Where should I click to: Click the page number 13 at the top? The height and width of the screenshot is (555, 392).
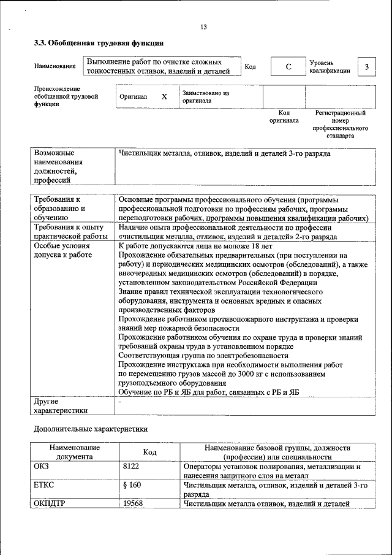pyautogui.click(x=204, y=26)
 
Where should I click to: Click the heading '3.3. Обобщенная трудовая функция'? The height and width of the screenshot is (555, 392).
pyautogui.click(x=98, y=44)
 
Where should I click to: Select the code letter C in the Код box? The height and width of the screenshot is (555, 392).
pyautogui.click(x=287, y=67)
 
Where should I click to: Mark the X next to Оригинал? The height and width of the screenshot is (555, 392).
pyautogui.click(x=164, y=97)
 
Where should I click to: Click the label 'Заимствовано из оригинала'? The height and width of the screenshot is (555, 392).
pyautogui.click(x=205, y=97)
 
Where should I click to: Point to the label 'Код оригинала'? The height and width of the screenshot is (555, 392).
pyautogui.click(x=284, y=117)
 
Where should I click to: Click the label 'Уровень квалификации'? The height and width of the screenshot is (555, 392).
pyautogui.click(x=330, y=66)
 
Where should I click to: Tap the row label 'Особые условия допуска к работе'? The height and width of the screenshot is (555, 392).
pyautogui.click(x=62, y=250)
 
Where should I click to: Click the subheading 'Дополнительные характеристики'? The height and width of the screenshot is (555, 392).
pyautogui.click(x=91, y=430)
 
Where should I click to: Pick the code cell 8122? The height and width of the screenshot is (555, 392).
pyautogui.click(x=131, y=467)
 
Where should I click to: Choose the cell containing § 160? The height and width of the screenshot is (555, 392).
pyautogui.click(x=132, y=485)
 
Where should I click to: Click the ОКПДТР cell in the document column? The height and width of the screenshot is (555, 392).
pyautogui.click(x=48, y=504)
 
